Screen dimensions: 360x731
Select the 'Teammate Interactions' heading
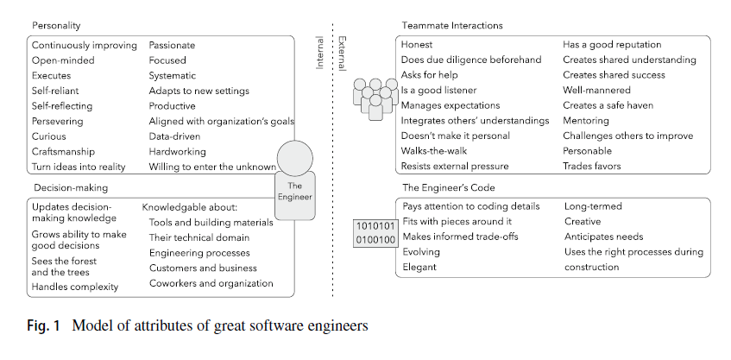pyautogui.click(x=452, y=26)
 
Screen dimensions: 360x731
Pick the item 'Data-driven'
pyautogui.click(x=174, y=136)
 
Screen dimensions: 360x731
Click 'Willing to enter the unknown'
pyautogui.click(x=212, y=167)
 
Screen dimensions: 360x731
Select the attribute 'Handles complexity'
pyautogui.click(x=75, y=287)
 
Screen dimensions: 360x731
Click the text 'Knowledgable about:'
pyautogui.click(x=188, y=207)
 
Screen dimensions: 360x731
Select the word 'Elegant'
pyautogui.click(x=420, y=268)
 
